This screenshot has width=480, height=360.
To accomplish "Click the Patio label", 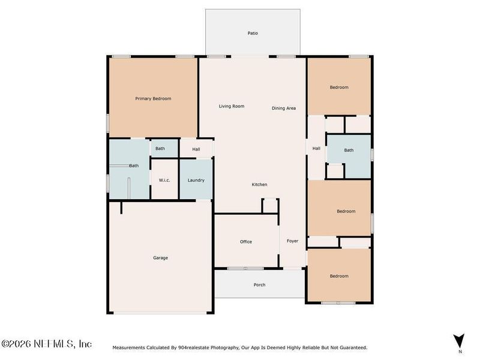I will [253, 33].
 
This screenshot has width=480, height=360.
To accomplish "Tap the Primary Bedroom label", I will [153, 98].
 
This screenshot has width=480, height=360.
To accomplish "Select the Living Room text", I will [231, 106].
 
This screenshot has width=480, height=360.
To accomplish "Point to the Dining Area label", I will [284, 108].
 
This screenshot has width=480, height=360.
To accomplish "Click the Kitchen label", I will [259, 184].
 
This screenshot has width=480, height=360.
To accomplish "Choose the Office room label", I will [246, 242].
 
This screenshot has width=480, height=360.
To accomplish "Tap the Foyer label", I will [292, 241].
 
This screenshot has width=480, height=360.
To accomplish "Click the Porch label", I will [259, 285].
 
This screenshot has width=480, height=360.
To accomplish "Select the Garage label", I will [160, 258].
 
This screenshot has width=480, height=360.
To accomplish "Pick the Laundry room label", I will [196, 180].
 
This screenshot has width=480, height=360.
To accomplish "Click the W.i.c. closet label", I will [165, 180].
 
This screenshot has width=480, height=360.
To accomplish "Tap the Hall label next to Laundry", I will [196, 149].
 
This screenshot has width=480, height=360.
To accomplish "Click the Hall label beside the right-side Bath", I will [316, 149].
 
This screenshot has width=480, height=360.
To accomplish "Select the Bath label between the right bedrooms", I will [349, 150].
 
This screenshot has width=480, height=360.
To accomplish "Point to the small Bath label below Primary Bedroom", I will [160, 149].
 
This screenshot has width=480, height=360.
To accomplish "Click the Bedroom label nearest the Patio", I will [339, 88].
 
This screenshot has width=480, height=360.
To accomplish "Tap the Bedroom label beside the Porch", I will [339, 276].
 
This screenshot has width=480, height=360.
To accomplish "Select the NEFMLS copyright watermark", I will [46, 344].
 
